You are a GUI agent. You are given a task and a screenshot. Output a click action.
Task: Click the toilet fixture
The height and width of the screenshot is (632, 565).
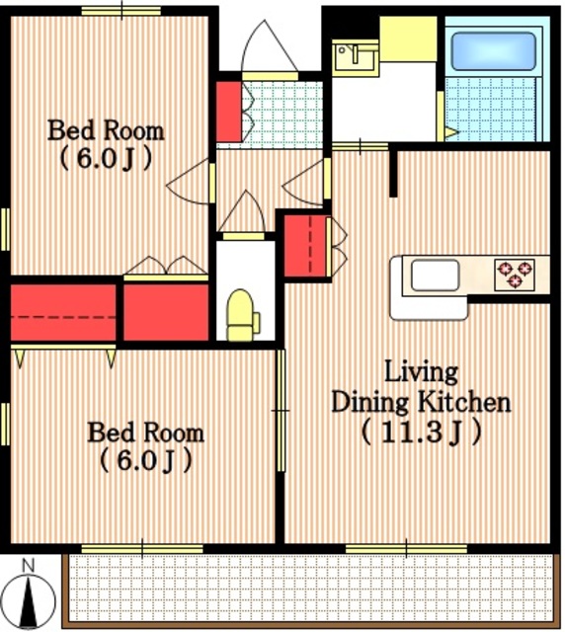(243, 316)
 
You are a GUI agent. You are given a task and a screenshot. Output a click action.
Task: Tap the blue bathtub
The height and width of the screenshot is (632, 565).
(493, 51)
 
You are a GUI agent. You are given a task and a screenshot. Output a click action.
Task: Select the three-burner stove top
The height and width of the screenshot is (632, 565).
(515, 275)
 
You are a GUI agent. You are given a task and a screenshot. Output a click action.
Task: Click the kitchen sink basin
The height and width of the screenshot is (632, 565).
(436, 275)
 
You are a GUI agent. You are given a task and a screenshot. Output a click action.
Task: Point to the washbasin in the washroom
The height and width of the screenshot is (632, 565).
(355, 57)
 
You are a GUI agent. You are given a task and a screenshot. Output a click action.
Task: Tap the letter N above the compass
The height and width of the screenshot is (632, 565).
(28, 566)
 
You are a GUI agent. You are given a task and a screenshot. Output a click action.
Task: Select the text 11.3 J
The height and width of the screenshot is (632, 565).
(422, 432)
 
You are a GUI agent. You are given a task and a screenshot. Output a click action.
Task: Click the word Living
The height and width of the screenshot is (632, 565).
(422, 372)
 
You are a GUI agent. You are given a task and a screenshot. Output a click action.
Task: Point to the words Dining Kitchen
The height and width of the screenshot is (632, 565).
(421, 403)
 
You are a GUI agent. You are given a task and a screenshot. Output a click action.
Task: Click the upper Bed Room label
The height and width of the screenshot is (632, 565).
(106, 130)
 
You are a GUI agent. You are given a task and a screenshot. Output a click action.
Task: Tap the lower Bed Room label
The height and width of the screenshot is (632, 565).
(146, 433)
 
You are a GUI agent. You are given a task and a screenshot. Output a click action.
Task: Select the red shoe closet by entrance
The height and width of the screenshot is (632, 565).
(228, 112)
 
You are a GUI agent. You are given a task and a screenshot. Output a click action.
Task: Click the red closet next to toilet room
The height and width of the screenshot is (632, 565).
(166, 312)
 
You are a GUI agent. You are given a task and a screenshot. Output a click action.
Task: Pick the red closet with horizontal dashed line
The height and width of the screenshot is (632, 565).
(63, 313)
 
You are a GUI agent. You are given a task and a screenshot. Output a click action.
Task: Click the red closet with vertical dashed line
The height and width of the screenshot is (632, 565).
(305, 246)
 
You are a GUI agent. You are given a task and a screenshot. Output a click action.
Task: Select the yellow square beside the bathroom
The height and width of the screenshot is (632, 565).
(408, 39)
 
